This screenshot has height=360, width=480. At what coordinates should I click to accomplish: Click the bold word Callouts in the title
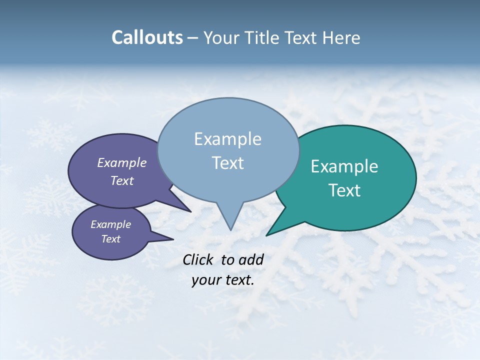147,37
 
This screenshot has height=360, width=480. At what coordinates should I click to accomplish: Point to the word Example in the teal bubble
344,166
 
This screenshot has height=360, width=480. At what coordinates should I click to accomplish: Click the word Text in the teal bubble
344,190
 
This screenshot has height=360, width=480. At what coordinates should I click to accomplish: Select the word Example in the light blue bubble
227,138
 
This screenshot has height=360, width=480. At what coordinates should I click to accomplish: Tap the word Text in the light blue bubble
227,163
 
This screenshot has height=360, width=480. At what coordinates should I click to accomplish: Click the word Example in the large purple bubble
121,162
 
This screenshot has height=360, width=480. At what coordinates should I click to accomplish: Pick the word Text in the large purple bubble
122,180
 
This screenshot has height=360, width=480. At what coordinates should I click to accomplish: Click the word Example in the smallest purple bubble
110,224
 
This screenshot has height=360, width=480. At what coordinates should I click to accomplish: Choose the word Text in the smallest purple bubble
111,239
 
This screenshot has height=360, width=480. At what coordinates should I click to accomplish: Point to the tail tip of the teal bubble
266,235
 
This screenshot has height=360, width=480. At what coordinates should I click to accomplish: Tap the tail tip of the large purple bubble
190,211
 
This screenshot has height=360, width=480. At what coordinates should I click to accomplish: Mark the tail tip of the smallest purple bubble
173,239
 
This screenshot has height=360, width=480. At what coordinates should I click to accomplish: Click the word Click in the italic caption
198,259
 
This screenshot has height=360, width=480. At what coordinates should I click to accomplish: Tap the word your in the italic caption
205,280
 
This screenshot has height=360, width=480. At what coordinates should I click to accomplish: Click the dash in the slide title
193,38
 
